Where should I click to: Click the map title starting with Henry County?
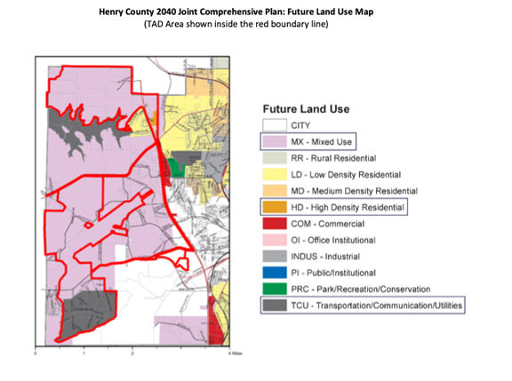(256, 11)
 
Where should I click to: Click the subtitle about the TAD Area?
(256, 24)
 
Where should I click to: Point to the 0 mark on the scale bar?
(35, 353)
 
